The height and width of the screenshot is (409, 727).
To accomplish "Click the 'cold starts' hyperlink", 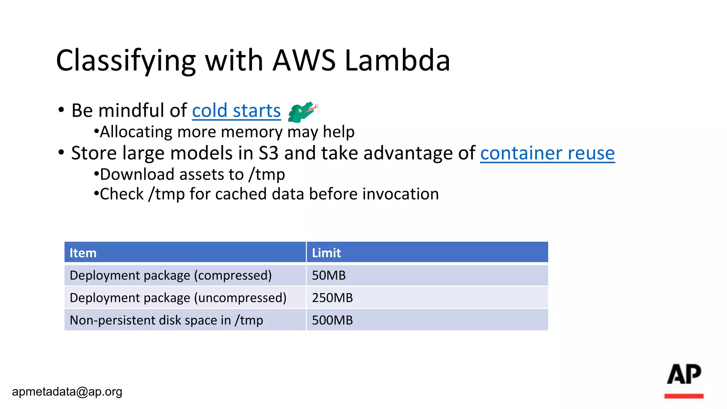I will [236, 111].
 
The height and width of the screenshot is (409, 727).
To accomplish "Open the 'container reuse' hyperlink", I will [547, 153].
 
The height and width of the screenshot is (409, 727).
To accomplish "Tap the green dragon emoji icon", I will [302, 111].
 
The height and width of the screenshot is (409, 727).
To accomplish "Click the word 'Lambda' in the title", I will [397, 60].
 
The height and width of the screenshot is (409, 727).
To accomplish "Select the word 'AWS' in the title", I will [304, 60].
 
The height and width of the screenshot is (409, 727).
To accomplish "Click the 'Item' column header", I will [83, 253].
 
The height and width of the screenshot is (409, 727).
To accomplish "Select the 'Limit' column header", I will [326, 253].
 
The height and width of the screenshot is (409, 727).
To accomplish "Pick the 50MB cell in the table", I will [329, 276].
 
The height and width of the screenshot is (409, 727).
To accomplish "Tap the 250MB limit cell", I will [332, 298].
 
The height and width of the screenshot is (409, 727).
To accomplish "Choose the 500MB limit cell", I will [332, 320].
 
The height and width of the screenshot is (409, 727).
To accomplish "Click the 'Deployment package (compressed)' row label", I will [170, 276].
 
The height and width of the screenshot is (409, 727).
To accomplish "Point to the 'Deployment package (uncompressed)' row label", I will [178, 298].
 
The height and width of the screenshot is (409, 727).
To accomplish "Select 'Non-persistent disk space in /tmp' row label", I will [166, 320].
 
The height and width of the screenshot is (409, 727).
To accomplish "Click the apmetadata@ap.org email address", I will [67, 392].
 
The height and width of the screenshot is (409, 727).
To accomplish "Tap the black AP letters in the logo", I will [684, 374].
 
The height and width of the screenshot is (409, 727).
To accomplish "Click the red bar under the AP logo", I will [684, 396].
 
